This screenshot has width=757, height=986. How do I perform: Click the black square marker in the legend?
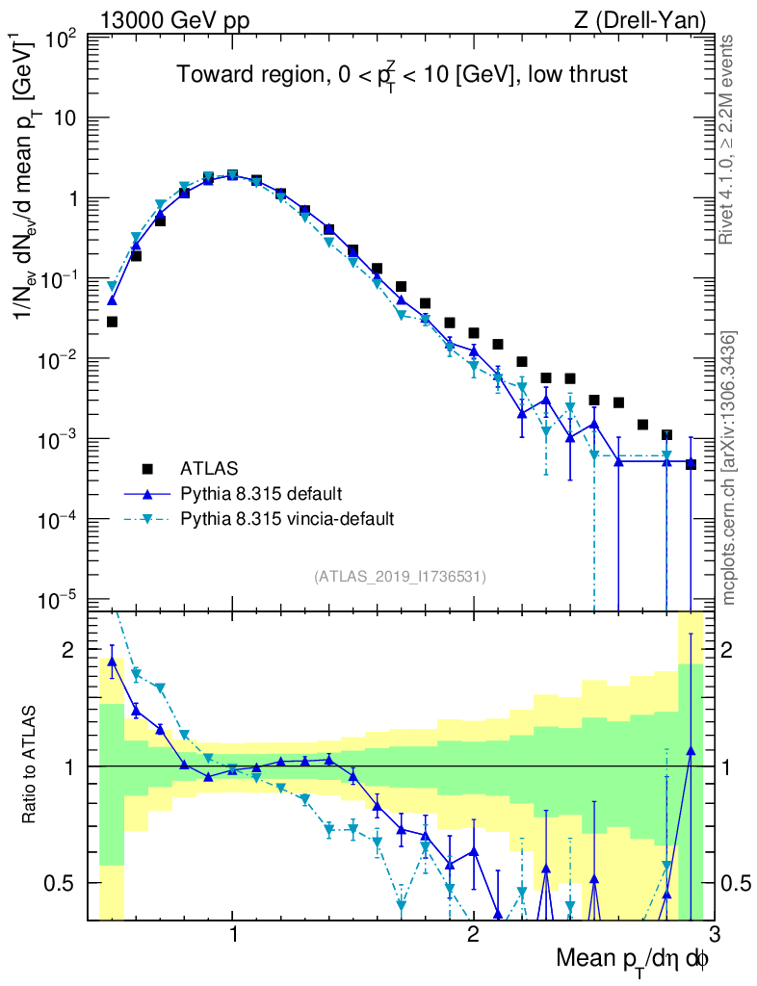[147, 470]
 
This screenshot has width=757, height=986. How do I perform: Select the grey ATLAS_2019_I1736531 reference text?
[400, 577]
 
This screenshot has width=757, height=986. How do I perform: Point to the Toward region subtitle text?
[403, 75]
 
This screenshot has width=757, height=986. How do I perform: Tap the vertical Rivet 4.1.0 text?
[729, 140]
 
